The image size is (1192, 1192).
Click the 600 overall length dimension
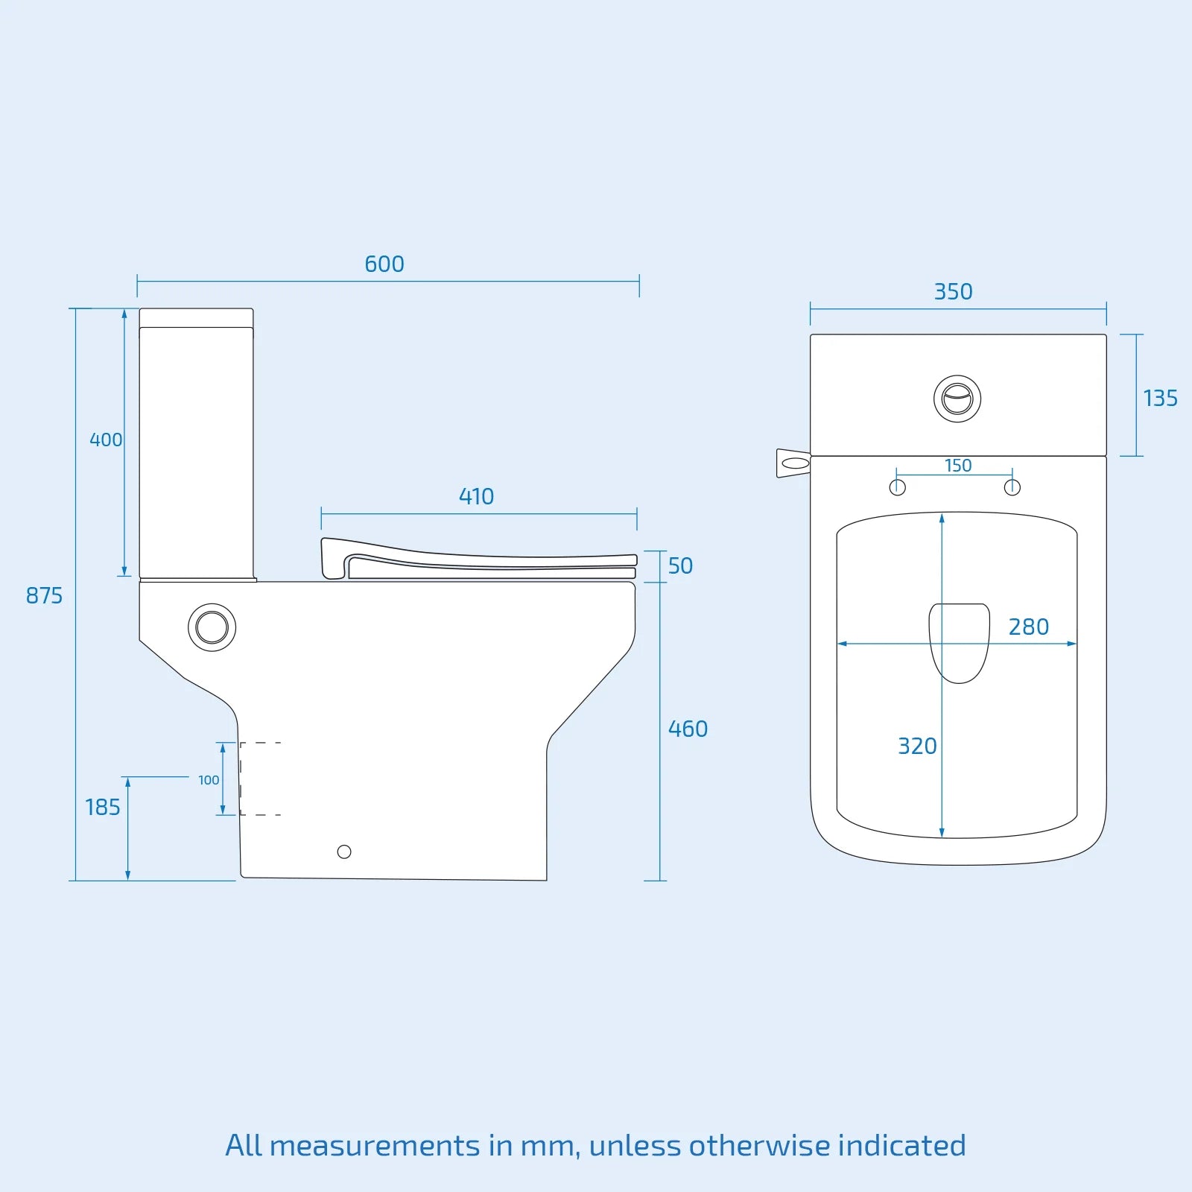tap(384, 264)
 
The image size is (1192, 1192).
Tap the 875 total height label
tap(44, 596)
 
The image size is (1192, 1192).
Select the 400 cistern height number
tap(105, 440)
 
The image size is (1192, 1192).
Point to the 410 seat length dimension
tap(476, 497)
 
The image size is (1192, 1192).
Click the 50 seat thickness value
tap(679, 566)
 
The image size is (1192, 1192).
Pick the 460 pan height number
tap(687, 729)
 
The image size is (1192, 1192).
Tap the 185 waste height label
tap(102, 808)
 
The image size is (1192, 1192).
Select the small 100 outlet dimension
tap(209, 780)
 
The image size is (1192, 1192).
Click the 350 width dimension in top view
tap(953, 292)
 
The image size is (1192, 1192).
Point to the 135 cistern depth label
tap(1160, 399)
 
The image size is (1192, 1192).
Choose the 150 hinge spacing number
tap(957, 466)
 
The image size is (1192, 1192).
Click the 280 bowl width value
tap(1028, 627)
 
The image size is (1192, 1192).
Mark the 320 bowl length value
tap(916, 746)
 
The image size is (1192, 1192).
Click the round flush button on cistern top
tap(957, 399)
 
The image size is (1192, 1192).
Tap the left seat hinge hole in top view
tap(898, 487)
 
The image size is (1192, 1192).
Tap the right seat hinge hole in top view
tap(1012, 487)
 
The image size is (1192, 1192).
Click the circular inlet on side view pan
tap(212, 627)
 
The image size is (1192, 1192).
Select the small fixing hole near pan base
tap(344, 852)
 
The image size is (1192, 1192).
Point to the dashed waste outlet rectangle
tap(260, 779)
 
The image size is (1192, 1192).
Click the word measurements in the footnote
tap(375, 1146)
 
